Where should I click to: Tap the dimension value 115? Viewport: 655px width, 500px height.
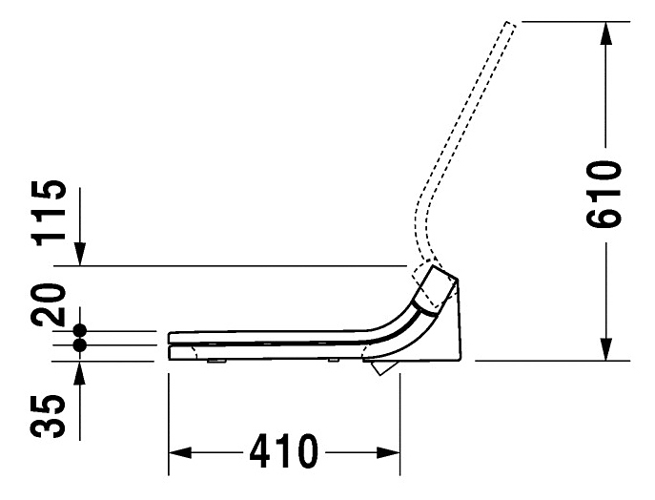53,212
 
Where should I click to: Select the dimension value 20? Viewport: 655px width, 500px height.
53,303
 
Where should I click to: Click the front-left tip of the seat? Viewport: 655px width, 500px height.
170,338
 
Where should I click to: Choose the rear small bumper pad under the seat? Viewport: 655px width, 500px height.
333,361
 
